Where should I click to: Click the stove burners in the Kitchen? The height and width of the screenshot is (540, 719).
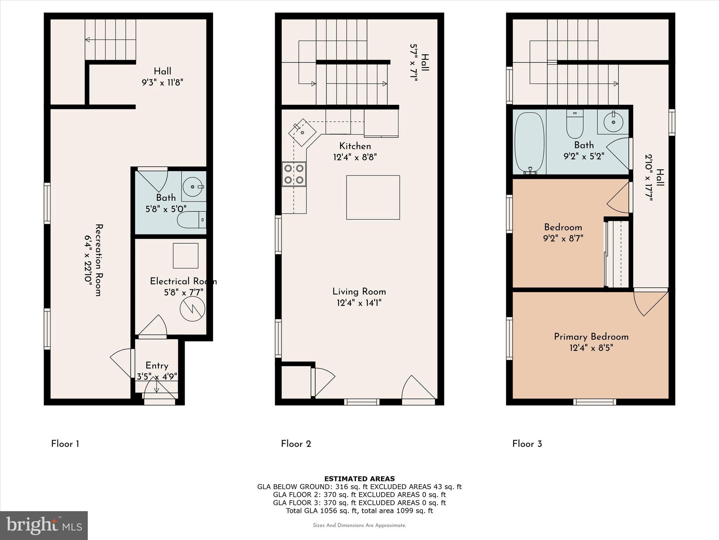[294, 174]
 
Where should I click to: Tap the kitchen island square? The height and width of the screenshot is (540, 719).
[373, 197]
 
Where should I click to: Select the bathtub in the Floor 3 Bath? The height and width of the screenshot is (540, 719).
[529, 143]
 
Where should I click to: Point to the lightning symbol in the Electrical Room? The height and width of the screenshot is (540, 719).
[192, 309]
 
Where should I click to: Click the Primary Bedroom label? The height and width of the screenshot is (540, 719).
[591, 337]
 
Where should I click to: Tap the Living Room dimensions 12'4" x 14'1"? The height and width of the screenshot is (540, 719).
[359, 303]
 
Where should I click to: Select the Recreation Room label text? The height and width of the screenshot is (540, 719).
[99, 260]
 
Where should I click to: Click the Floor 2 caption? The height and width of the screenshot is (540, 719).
[296, 444]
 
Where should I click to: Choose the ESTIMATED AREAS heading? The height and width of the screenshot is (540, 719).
[359, 478]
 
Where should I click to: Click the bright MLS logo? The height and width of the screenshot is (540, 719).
[44, 525]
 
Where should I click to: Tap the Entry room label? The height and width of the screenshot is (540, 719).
[157, 366]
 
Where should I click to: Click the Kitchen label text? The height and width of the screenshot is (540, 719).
[355, 146]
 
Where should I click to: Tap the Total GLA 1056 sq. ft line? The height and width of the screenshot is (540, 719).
[359, 510]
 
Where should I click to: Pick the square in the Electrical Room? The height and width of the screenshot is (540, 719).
[185, 256]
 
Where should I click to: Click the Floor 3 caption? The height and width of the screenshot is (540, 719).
[527, 444]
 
